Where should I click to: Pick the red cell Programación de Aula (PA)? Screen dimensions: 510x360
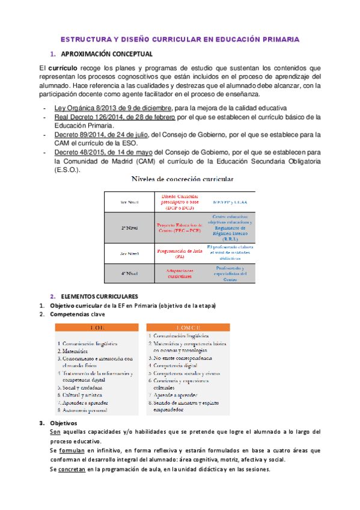coord(178,253)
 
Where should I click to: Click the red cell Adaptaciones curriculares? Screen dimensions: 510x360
coord(178,274)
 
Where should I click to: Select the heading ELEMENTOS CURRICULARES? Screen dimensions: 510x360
coord(100,296)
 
